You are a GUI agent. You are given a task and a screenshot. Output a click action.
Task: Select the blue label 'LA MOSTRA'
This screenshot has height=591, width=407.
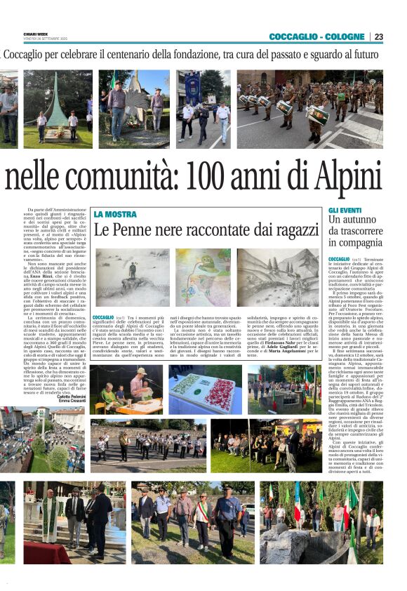tap(115, 214)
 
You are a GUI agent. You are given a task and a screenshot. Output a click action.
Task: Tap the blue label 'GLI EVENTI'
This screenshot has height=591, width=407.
tap(345, 210)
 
